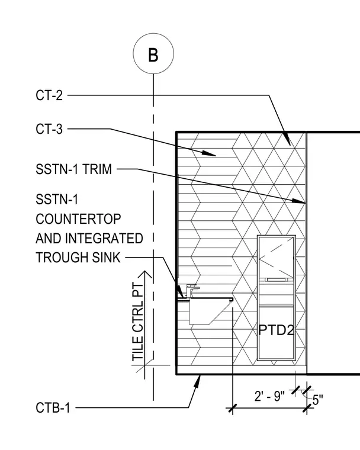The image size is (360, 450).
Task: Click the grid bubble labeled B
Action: point(153,53)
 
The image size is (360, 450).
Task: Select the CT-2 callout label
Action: point(49,95)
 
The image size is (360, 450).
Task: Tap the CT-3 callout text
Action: point(49,129)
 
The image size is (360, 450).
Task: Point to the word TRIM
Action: point(97,169)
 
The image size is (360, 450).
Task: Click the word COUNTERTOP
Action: point(78,219)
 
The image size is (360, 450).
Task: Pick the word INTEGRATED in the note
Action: point(104,239)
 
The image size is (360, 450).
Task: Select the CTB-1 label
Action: point(53,408)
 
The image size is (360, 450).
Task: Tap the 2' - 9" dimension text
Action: point(269,396)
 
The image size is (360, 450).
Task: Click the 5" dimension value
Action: point(317,400)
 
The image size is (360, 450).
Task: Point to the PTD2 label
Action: point(277,330)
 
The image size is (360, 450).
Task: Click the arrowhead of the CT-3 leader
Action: point(208,153)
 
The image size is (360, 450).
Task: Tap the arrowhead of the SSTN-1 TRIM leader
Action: point(299,201)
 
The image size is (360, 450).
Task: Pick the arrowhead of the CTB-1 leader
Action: point(198,381)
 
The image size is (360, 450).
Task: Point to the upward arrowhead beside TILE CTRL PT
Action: point(145,275)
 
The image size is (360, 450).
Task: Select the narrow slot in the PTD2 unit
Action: point(276,279)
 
